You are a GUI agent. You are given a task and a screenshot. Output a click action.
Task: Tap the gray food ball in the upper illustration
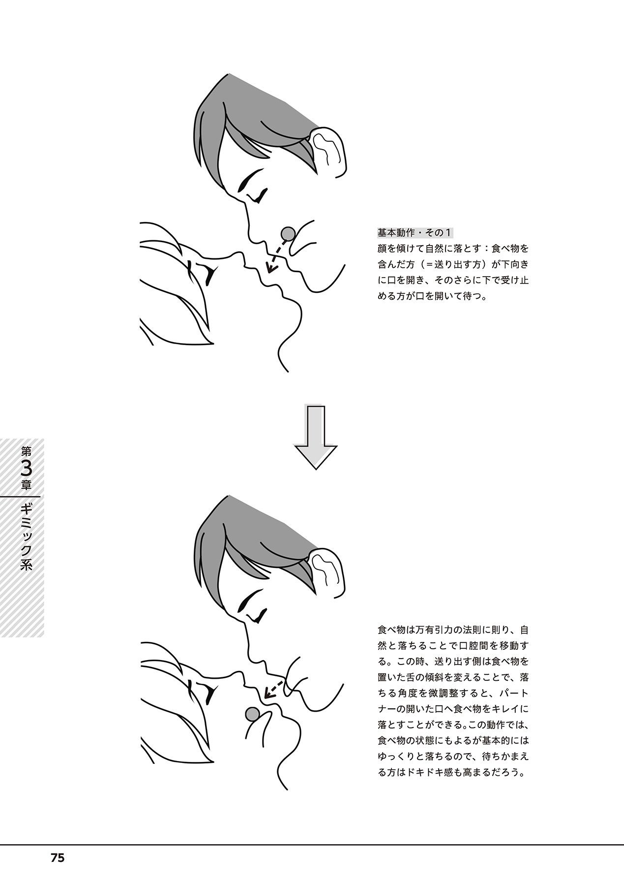(x=288, y=233)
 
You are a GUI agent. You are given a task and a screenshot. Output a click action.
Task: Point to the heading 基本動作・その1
(x=415, y=232)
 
